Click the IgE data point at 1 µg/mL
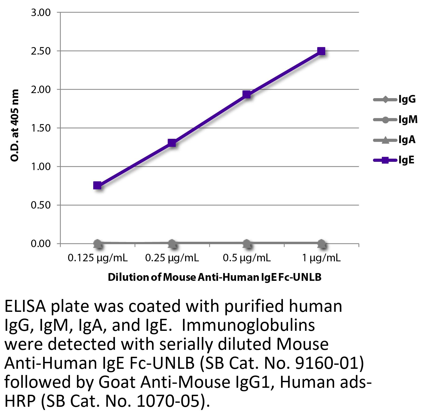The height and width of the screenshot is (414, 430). (321, 51)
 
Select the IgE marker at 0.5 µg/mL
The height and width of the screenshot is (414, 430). (246, 95)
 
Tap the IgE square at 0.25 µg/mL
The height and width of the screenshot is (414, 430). (172, 143)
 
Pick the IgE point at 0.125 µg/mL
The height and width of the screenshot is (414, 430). (97, 185)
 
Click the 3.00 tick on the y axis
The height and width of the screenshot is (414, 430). (41, 13)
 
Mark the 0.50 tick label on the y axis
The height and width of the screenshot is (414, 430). (41, 205)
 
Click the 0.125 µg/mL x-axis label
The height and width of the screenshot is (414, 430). (98, 258)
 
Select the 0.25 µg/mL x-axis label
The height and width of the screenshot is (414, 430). (172, 258)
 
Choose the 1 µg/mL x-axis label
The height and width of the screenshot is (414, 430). (321, 258)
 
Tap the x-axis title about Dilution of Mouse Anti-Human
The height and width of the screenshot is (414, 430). (214, 277)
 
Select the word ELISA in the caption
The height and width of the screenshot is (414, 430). (25, 307)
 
